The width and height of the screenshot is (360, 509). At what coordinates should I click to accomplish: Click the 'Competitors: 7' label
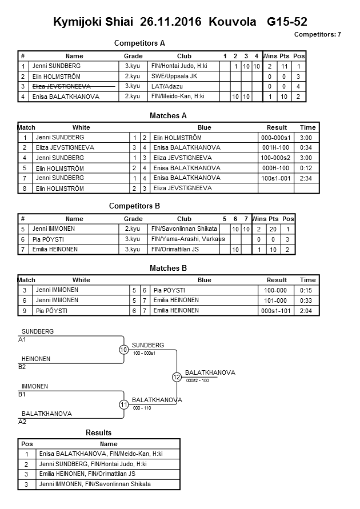coord(317,34)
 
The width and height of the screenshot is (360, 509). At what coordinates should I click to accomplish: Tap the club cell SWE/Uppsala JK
coord(175,76)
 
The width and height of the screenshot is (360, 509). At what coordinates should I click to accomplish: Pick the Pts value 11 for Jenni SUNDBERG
coord(284,66)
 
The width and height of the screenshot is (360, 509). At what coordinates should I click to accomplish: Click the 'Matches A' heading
coord(168,115)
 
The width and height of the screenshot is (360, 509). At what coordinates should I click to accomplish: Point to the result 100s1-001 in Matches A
coord(277,178)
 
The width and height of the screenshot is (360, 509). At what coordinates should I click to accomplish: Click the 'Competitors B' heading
coord(134,206)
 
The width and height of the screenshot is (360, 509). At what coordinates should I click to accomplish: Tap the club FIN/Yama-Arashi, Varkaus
coord(188,239)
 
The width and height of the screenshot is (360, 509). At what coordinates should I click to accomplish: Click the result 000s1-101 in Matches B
coord(277,310)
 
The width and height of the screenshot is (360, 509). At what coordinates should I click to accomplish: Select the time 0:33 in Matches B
coord(307,300)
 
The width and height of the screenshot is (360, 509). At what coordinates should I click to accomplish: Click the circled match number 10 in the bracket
coord(123,350)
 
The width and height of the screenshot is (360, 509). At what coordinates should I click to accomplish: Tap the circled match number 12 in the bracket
coord(177,377)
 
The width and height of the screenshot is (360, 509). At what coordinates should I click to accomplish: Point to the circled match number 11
coord(123,404)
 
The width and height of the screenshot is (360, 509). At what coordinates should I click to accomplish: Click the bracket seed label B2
coord(22,367)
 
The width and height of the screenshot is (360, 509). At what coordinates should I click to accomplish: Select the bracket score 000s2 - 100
coord(197,380)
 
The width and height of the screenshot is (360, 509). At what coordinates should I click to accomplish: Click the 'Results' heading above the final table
coord(98,432)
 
